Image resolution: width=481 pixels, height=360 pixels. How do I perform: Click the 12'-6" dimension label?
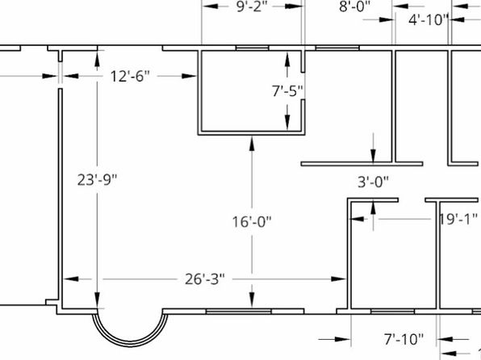click(130, 76)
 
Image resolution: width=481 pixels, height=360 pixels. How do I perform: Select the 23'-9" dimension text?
click(97, 180)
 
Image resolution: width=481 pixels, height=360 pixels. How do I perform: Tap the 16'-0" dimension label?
click(252, 222)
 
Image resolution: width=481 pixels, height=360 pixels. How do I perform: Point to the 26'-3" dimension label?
click(205, 279)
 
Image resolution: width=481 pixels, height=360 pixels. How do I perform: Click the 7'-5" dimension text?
click(287, 91)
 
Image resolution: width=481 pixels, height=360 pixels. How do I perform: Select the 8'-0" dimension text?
click(355, 6)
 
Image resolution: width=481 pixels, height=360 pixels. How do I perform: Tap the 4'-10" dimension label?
click(429, 20)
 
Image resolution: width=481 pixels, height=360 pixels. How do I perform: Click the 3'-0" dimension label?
click(373, 182)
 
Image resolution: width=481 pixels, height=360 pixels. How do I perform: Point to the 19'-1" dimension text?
click(458, 219)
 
